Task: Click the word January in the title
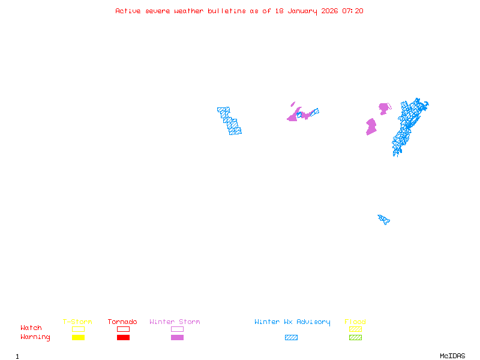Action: [300, 11]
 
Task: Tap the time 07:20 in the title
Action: [353, 11]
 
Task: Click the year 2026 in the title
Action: [329, 11]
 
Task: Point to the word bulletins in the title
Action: [226, 11]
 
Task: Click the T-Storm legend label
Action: [77, 322]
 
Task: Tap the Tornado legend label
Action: [122, 322]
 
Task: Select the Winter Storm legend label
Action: [175, 322]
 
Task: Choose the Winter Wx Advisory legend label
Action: [292, 322]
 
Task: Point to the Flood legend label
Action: [355, 322]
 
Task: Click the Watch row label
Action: [31, 328]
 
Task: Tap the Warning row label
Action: [35, 337]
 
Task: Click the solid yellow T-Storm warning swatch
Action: [78, 338]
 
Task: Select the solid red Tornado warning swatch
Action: [123, 338]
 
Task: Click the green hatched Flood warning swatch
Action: [356, 338]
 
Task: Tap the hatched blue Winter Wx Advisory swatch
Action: [291, 338]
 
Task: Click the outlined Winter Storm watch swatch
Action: [177, 329]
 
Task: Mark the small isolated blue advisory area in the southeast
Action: [383, 219]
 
